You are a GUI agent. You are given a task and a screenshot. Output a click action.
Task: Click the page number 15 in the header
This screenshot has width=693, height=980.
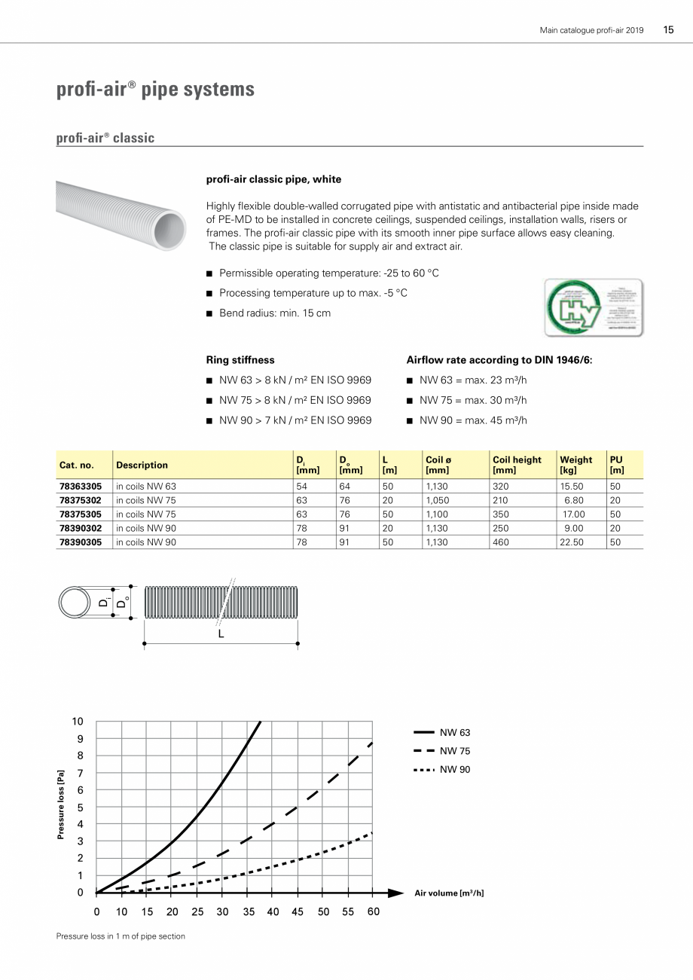[x=668, y=30]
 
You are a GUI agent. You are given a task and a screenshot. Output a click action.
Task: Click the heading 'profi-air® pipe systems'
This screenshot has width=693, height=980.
[x=155, y=90]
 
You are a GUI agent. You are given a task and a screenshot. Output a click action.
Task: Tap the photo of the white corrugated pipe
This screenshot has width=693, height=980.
[x=121, y=218]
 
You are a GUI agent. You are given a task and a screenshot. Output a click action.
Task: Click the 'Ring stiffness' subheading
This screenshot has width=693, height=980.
[x=240, y=360]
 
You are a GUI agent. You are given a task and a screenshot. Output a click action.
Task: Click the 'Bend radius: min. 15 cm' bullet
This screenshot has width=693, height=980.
[x=274, y=313]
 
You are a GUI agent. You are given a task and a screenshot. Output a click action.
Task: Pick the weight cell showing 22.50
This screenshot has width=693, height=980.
[x=571, y=542]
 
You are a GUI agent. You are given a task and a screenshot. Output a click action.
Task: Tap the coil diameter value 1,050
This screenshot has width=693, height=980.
[x=437, y=500]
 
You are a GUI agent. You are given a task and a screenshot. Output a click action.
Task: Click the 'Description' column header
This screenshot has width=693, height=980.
[x=142, y=466]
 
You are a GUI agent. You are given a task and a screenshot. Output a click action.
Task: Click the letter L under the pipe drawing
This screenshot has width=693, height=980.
[x=221, y=634]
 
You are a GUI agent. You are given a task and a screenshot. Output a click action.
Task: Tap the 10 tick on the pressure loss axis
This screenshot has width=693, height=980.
[x=78, y=721]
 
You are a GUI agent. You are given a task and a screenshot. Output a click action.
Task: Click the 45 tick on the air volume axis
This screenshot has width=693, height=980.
[x=298, y=911]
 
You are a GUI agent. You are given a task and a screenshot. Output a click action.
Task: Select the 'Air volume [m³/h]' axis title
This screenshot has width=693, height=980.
[x=449, y=893]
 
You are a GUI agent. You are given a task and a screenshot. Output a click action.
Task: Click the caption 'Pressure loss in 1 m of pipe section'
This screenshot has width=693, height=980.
[x=121, y=936]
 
